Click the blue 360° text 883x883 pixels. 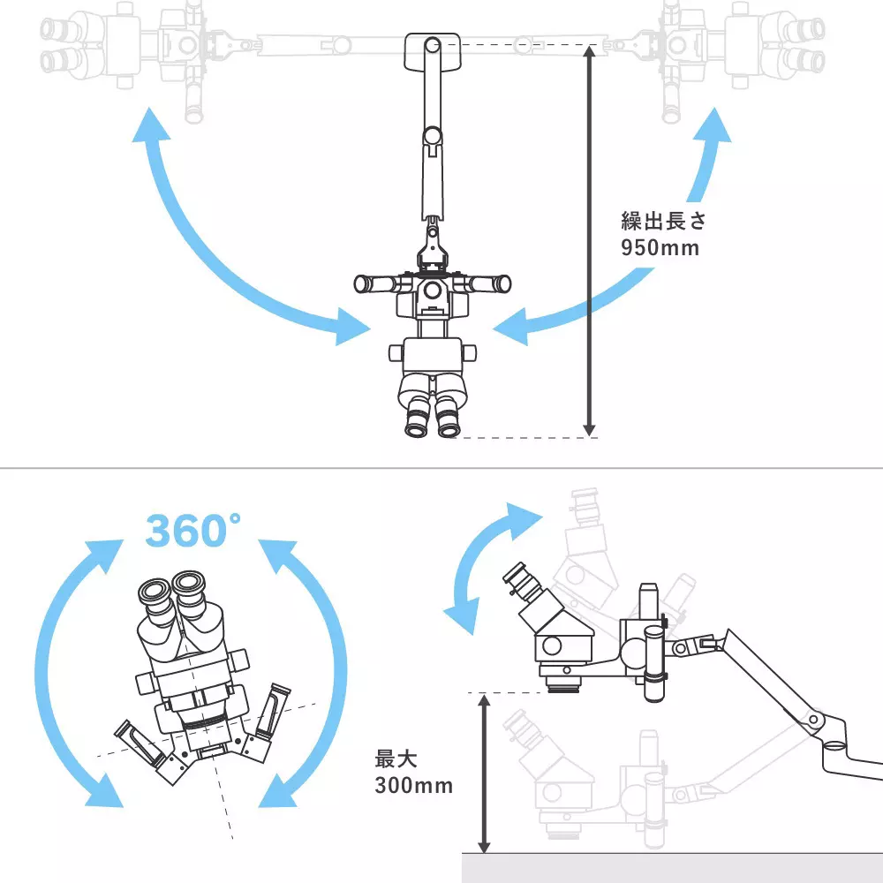coord(192,530)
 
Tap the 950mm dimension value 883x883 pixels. coord(660,248)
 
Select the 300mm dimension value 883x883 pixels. coord(414,786)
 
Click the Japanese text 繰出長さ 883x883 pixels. coord(663,221)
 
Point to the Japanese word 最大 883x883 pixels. coord(396,759)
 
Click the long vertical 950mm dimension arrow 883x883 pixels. coord(589,241)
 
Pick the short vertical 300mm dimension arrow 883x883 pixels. coord(484,774)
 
